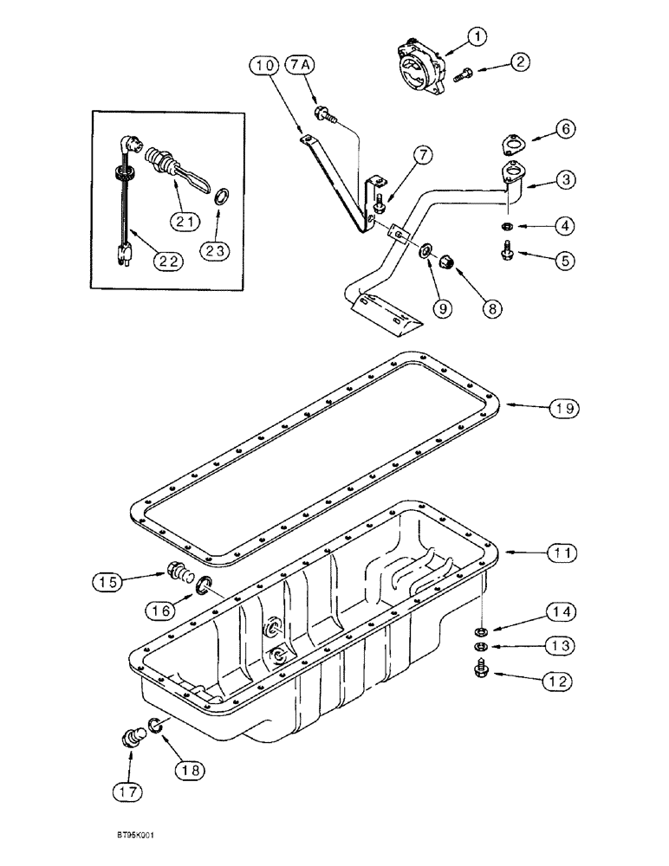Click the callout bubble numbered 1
[478, 36]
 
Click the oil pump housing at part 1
[417, 67]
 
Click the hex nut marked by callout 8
[451, 260]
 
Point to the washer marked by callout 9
[428, 252]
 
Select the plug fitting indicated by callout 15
[178, 573]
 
